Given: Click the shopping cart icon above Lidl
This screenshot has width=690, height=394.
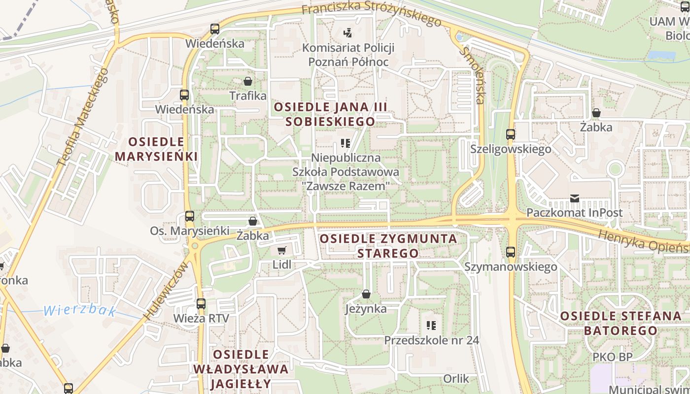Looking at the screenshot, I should coord(281,251).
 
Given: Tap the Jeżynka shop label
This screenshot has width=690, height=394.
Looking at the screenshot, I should coord(366,309).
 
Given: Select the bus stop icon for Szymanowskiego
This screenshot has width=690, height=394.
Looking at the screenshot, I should coord(511,252).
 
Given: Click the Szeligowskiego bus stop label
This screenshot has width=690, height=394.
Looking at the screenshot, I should coord(511,149).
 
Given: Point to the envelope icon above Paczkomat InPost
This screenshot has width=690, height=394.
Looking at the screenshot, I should coord(574,198).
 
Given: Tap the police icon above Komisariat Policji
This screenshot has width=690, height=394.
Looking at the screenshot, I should coord(348,33).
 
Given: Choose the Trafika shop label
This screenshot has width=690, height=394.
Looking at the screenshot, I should coord(248,96).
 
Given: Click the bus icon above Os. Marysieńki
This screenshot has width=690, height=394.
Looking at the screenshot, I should coord(189,216).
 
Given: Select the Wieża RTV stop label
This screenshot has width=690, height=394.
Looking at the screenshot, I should coord(201,318).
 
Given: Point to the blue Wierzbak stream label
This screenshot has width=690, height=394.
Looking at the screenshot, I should coord(80,311).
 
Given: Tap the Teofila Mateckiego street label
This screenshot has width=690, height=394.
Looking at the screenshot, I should coord(82,117).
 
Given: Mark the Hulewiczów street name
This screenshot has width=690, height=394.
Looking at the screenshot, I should coord(166,291).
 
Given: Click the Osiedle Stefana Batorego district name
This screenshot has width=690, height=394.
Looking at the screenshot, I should coord(621,323).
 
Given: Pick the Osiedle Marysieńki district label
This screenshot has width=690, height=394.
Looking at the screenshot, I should coord(156,149).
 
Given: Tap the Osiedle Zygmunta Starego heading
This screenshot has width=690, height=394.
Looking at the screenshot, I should coord(388,246).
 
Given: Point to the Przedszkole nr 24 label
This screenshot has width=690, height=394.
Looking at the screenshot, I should coord(431,340).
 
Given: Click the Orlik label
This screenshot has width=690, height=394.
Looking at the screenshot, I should coord(456,378).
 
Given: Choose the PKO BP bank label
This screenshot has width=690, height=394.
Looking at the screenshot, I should coord(612,357).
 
